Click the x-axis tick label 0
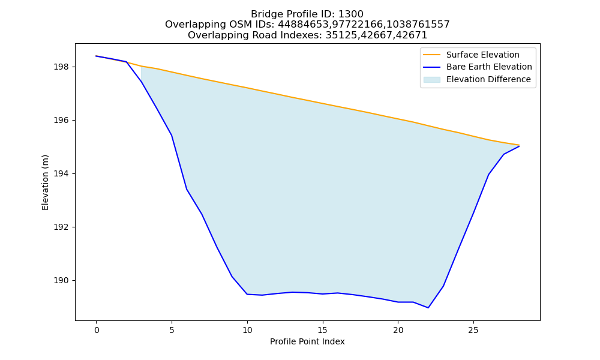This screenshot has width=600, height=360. click(97, 330)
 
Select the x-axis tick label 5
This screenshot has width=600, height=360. click(172, 330)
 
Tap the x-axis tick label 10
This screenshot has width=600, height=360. click(247, 330)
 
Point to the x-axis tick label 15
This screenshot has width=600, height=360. click(323, 330)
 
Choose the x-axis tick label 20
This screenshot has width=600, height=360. click(398, 330)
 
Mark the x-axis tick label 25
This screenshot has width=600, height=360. click(473, 330)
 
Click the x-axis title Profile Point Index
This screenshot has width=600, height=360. click(307, 341)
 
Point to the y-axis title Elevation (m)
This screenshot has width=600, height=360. click(46, 182)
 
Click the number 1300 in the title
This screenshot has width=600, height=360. click(351, 14)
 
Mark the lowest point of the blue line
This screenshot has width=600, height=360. click(428, 308)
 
